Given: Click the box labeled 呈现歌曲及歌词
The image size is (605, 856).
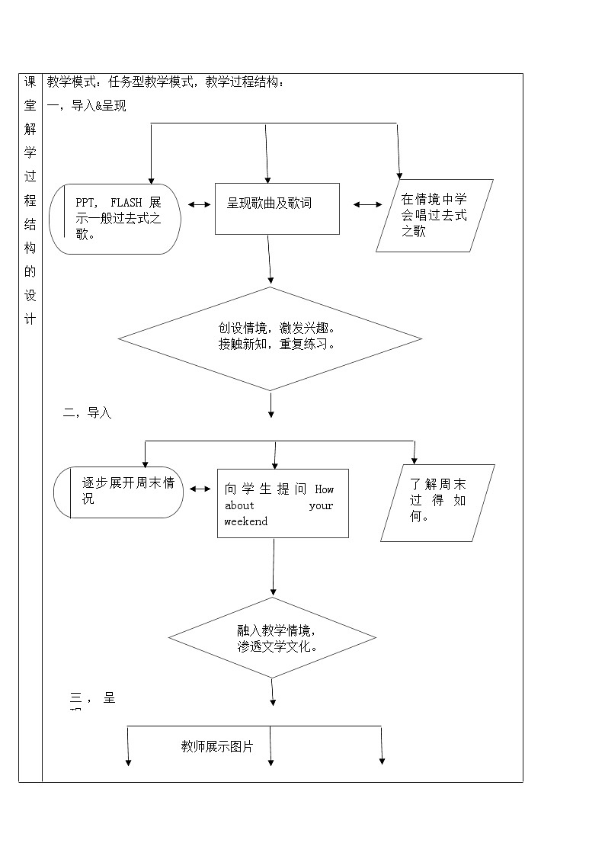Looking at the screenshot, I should coord(277,208).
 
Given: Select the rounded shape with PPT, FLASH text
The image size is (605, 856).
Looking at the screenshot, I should coord(116,219).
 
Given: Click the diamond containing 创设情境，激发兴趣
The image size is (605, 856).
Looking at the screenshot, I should coord(270,338).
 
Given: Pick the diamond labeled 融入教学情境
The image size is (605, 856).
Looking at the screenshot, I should coord(272,638).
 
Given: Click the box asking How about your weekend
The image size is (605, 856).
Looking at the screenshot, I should coord(283,503).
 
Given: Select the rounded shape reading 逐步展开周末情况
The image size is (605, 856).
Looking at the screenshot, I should coord(119,492).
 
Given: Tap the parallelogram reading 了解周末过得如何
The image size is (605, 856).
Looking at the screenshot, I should coord(437,502).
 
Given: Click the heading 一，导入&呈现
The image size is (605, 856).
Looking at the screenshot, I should coord(87,106).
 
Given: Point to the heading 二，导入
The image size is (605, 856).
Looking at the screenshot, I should coord(88,413).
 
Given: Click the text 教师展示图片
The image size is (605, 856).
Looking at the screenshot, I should coord(217,746).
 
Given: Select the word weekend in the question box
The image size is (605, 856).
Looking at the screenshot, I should coord(246,522).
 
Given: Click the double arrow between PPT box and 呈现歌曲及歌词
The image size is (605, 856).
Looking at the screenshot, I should coord(199,204).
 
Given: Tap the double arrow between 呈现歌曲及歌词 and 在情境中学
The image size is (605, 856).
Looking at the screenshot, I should coord(368,204).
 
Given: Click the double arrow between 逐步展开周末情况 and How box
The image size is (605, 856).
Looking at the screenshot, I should coord(200,489).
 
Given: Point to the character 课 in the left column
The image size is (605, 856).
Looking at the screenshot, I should coord(30,82).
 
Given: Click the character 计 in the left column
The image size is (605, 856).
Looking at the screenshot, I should coord(30,319).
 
